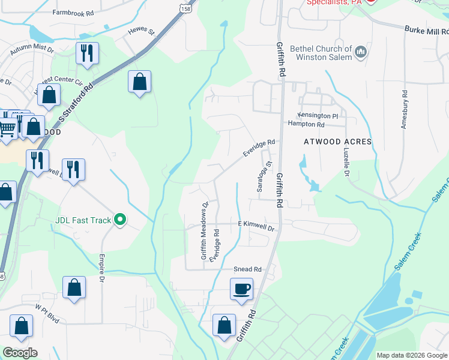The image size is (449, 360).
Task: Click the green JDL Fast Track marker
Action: tap(120, 220)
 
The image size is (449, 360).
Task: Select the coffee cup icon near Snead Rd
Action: tap(241, 289)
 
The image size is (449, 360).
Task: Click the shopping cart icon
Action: tap(7, 127)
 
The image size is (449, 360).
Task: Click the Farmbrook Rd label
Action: tap(73, 12)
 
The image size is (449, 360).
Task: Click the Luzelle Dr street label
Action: tap(346, 164)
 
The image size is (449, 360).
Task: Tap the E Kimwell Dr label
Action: tap(256, 228)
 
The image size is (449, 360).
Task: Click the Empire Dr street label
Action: tap(102, 270)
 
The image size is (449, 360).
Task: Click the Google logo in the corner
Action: tap(20, 353)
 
